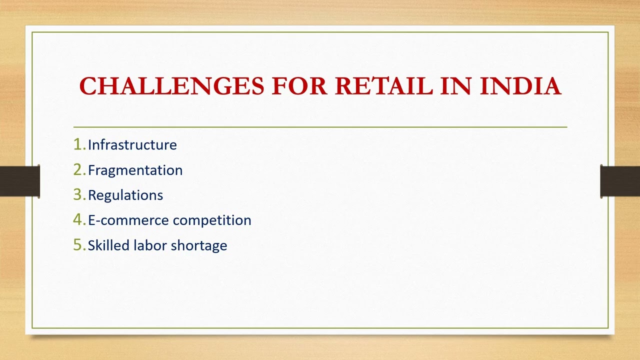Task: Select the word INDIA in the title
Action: point(520,86)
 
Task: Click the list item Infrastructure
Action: point(132,145)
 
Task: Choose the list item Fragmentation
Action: point(135,170)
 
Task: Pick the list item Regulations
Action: point(125,195)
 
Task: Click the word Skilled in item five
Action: point(108,245)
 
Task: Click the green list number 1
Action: point(78,144)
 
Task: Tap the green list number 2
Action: point(78,170)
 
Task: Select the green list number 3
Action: point(78,195)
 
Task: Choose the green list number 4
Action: point(78,220)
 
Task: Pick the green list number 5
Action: point(78,245)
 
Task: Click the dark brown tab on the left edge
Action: point(19,181)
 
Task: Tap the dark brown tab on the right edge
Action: point(620,181)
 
